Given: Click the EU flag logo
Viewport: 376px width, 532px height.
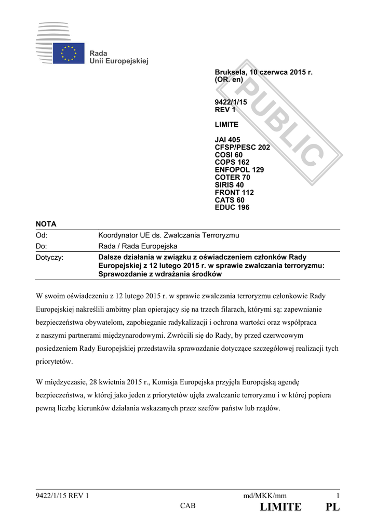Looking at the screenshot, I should pos(68,53).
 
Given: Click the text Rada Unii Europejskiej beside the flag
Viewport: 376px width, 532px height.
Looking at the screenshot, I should pos(119,57).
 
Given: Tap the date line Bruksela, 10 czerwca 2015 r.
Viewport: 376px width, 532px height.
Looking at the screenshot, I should pos(264,72).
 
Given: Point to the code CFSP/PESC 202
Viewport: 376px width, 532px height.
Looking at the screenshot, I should pos(243,148).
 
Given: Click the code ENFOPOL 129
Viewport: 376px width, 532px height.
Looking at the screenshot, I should pos(239,170).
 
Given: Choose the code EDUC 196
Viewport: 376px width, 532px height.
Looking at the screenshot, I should pos(232,207).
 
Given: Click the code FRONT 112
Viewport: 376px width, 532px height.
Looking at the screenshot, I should pos(234,192).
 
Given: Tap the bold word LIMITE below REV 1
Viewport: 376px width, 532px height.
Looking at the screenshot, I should pos(227,125).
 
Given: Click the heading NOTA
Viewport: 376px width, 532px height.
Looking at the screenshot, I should pos(46,224).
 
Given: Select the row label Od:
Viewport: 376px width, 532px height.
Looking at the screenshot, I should pos(42,236).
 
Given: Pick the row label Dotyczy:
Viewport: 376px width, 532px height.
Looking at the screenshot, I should pos(49,258).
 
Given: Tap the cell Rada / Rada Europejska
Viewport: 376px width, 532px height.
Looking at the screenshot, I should pos(138,246).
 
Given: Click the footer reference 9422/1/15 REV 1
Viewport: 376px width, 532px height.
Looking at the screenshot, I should pos(62,496).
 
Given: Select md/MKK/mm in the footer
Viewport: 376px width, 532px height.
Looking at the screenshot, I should pos(265,496).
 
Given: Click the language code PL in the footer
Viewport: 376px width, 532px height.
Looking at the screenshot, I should pos(332,507).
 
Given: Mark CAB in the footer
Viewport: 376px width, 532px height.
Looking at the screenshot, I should pos(188,506).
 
